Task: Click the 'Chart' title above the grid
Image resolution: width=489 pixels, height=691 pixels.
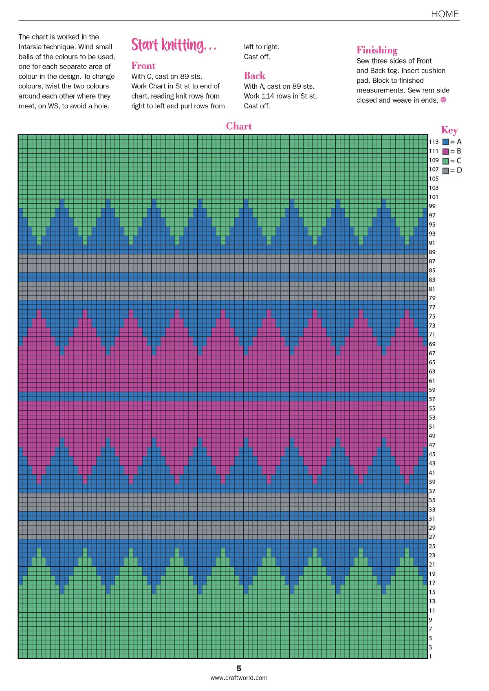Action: pos(239,126)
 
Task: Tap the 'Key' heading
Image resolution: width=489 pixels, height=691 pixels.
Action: pos(449,130)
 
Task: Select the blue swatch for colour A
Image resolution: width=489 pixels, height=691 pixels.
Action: pos(445,142)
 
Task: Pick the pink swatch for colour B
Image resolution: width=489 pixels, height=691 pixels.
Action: pos(445,152)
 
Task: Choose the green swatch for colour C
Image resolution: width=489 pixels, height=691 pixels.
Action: pos(445,161)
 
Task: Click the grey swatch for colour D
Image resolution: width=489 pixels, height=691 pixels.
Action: pos(445,170)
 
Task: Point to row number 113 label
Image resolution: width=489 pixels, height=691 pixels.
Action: pos(434,142)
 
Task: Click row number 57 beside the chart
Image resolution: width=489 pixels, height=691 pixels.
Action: pos(432,399)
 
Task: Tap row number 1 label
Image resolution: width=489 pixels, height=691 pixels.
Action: pos(430,656)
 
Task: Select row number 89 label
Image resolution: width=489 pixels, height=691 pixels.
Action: pos(432,252)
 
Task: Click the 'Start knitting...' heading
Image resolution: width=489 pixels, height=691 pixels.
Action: pos(174,45)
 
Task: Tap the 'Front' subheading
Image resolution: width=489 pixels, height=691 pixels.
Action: pos(143,66)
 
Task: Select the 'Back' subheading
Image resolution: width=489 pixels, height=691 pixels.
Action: pos(255,76)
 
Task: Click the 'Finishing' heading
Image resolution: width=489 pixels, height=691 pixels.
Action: pos(377,50)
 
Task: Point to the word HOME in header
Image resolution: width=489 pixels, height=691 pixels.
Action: pos(445,14)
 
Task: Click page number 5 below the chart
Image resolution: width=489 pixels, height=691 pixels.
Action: pos(239,668)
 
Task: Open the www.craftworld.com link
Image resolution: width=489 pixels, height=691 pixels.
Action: pos(239,678)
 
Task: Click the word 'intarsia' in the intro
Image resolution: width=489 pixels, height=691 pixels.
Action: pos(31,47)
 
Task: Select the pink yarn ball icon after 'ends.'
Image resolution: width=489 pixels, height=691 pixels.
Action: pos(444,99)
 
